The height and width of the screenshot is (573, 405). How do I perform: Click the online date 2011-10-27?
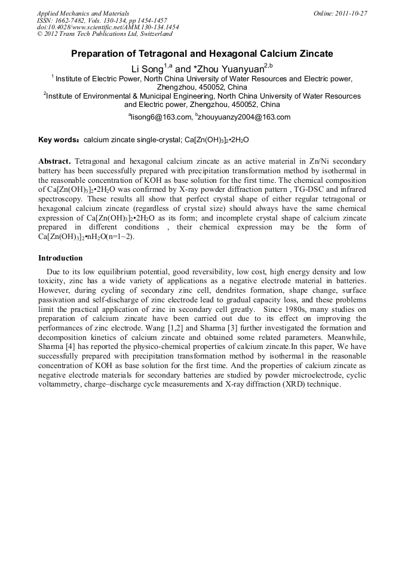point(349,13)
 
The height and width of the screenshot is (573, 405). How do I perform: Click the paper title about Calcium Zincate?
point(202,54)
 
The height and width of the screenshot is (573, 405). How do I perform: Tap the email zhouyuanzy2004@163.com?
point(237,117)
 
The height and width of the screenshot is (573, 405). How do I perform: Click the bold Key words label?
point(59,140)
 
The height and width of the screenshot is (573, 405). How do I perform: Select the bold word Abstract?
point(54,161)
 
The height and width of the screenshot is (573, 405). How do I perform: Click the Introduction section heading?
point(60,258)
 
